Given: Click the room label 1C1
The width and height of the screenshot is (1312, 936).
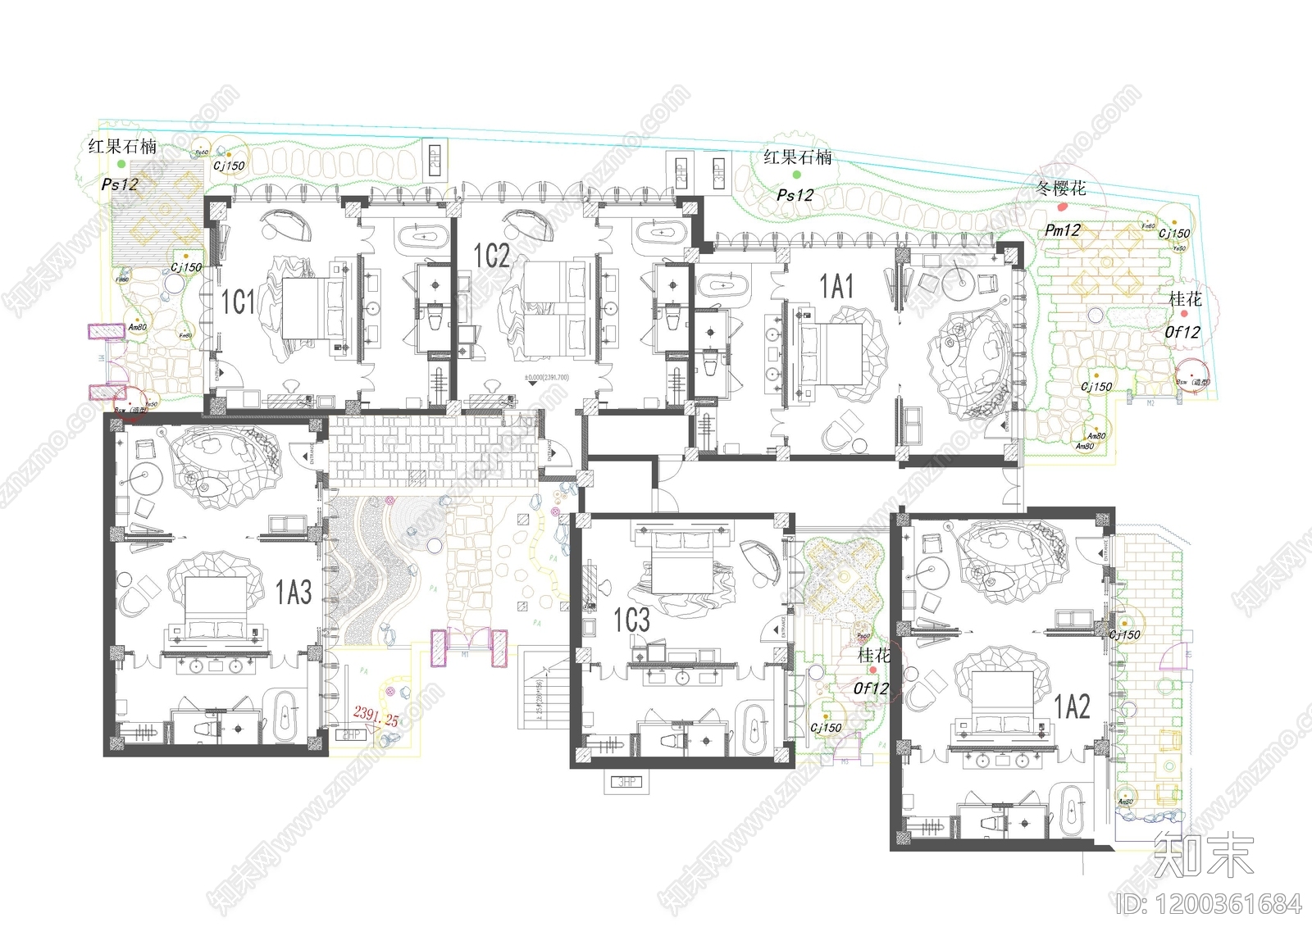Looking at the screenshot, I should click(238, 302).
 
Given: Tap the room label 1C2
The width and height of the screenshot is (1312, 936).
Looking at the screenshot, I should click(491, 256).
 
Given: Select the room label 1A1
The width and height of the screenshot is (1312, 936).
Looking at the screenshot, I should click(836, 287).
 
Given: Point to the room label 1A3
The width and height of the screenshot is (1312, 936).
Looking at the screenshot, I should click(293, 592).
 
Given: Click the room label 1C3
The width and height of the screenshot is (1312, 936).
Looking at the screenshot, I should click(631, 620).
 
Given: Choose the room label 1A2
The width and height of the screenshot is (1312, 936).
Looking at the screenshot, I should click(1071, 707).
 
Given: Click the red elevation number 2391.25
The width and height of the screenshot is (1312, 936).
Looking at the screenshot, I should click(376, 716).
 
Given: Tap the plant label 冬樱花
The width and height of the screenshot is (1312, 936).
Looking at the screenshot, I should click(1060, 189).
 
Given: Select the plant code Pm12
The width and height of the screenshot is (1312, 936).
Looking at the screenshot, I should click(1062, 231).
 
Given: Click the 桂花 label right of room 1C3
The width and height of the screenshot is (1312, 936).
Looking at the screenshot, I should click(873, 656).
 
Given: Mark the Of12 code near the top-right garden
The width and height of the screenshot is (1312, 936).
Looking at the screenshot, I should click(1182, 333).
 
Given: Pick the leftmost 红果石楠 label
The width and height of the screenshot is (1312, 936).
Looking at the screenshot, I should click(122, 147).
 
